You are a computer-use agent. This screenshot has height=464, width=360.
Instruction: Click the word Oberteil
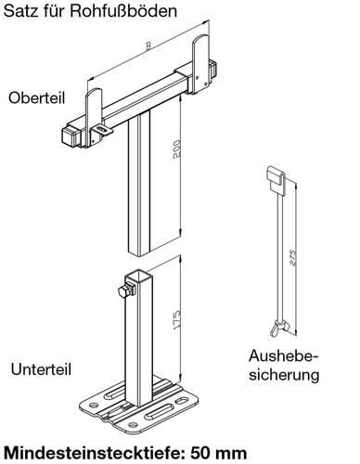[36, 97]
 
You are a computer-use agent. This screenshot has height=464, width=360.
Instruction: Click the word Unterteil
[40, 367]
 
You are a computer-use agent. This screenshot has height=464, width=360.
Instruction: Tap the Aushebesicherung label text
[284, 366]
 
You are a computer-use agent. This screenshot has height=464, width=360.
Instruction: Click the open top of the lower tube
[142, 277]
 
